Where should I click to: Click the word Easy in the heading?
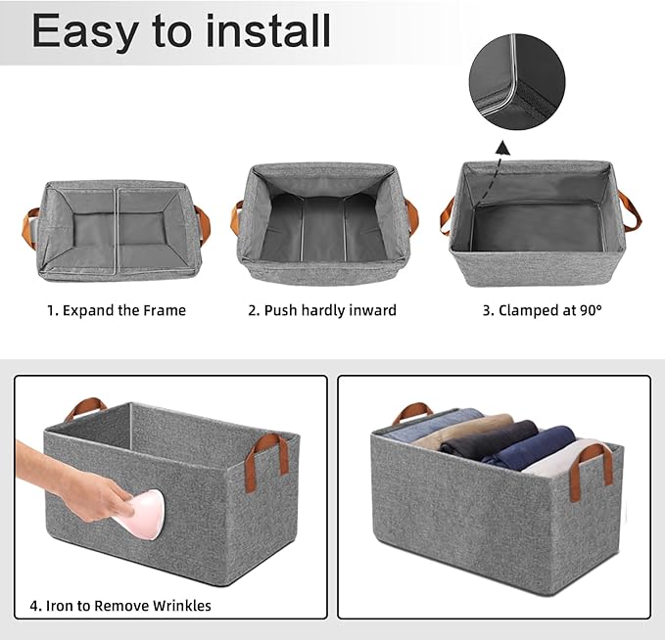point(85,32)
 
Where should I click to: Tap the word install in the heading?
point(267,30)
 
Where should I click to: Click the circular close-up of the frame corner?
point(517,82)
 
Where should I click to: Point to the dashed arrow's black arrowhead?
point(503,148)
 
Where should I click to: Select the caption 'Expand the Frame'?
point(124,310)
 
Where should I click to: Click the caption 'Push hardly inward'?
point(330,310)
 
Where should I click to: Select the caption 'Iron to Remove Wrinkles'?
point(128,606)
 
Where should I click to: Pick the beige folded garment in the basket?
point(462,428)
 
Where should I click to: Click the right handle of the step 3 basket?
point(631,211)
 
